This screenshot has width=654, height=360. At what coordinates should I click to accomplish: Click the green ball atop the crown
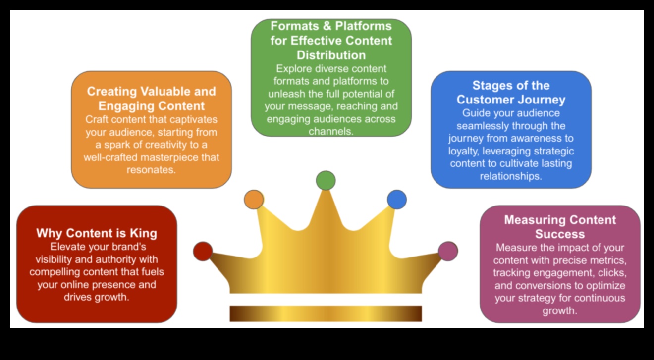[326, 180]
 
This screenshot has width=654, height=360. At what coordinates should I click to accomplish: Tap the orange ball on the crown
[254, 199]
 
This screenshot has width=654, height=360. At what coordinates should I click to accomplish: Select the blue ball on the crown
[397, 199]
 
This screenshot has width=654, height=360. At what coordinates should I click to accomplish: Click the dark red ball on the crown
[203, 251]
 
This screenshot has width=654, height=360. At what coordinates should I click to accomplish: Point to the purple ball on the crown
[448, 251]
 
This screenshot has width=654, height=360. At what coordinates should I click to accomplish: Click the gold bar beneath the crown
[326, 313]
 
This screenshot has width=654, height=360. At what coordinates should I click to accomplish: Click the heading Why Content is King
[97, 233]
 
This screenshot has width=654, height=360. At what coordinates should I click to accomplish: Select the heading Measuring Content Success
[560, 227]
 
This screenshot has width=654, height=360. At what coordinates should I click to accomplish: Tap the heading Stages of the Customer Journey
[511, 93]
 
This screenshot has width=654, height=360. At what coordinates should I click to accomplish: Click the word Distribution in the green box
[331, 55]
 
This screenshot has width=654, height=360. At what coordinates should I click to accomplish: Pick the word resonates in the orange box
[151, 170]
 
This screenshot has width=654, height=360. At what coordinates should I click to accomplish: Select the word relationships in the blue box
[511, 176]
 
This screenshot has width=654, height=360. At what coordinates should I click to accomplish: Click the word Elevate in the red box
[67, 247]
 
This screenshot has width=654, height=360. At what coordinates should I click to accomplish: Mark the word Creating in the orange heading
[111, 92]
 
